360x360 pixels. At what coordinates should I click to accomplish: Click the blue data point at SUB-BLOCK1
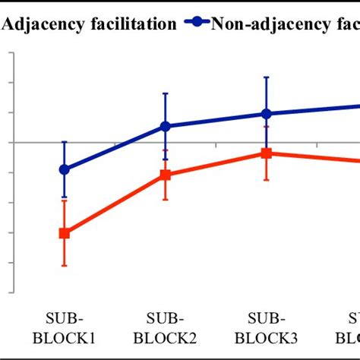coord(65,169)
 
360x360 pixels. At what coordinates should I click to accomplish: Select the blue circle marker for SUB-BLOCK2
coord(166,126)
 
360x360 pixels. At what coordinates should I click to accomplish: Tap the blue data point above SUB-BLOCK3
coord(266,113)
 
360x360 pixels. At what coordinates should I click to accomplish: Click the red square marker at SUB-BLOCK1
coord(65,233)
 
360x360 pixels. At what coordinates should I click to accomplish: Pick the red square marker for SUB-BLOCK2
coord(166,175)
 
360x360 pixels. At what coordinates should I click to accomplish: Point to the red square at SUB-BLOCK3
coord(266,153)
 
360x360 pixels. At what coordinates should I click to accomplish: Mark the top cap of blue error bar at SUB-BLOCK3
coord(266,77)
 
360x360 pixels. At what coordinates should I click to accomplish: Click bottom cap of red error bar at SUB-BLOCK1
coord(65,265)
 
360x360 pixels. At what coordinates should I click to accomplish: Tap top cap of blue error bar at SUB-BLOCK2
coord(166,93)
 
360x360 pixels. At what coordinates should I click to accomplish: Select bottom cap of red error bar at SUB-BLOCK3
coord(266,180)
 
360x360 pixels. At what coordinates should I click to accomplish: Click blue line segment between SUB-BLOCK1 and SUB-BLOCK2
coord(115,148)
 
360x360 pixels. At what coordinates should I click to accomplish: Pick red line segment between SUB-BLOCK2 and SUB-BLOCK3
coord(216,164)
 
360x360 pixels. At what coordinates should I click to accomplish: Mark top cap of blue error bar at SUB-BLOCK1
coord(65,142)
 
